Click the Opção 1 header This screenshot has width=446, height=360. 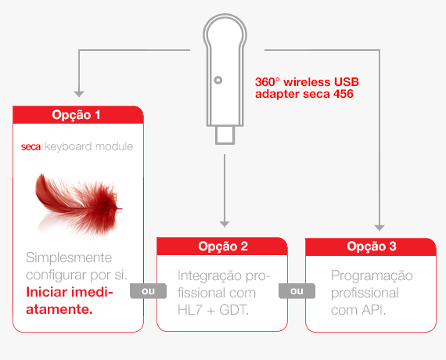click(x=78, y=115)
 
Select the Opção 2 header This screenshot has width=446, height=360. click(x=222, y=247)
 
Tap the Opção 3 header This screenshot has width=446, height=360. click(x=371, y=247)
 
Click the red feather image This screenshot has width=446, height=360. click(x=78, y=204)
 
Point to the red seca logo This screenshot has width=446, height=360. click(x=31, y=147)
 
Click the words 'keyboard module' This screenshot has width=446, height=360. click(x=88, y=146)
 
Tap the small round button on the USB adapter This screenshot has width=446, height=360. click(x=218, y=81)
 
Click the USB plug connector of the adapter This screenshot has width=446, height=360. click(x=225, y=135)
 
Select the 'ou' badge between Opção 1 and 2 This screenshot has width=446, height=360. click(x=148, y=291)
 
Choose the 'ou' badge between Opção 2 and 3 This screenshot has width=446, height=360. click(x=297, y=291)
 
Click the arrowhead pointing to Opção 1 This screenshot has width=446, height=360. click(x=79, y=94)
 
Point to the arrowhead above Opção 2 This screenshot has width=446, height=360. click(x=225, y=225)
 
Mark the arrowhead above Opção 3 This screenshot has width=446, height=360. click(x=379, y=228)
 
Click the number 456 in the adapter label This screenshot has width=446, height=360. click(x=343, y=94)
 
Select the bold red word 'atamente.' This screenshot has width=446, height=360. click(x=59, y=309)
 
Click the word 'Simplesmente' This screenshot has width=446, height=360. click(x=69, y=257)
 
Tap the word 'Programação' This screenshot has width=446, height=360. click(x=372, y=276)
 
